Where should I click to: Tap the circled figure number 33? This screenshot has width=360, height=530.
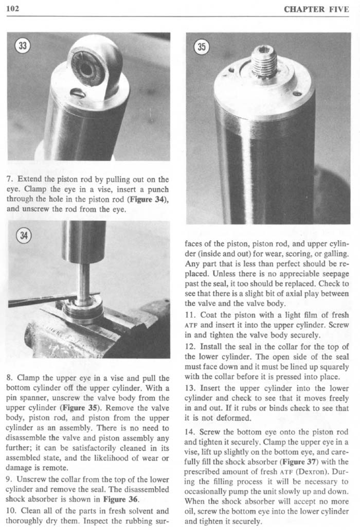point(22,45)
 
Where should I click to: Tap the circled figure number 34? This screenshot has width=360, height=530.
point(22,235)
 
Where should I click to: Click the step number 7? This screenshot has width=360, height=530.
point(11,179)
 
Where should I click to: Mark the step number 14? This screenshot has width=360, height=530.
point(192,433)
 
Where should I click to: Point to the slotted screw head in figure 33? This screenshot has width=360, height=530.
point(79,93)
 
